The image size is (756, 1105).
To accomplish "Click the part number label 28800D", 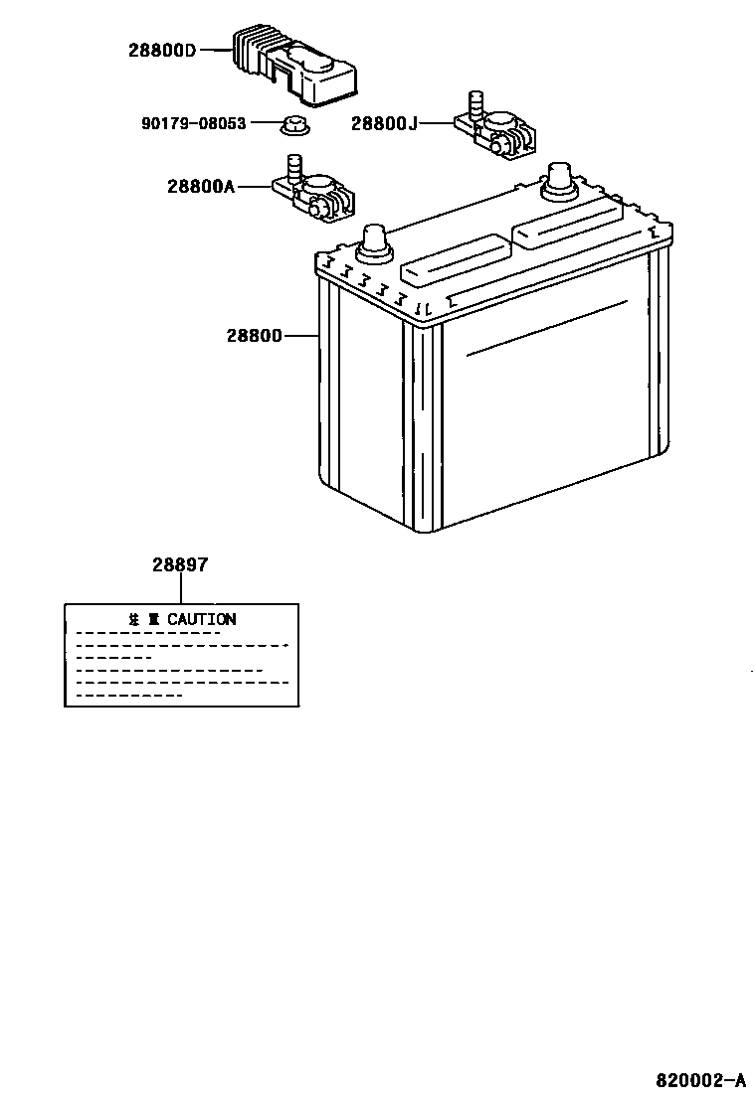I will (x=162, y=50).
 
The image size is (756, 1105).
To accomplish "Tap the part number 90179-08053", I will (x=193, y=124).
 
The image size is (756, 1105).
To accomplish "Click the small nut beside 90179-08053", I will (x=292, y=126).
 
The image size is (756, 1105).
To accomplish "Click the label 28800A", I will (x=200, y=186).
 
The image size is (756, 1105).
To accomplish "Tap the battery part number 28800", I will (x=255, y=336).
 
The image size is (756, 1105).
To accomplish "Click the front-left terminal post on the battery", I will (x=374, y=239).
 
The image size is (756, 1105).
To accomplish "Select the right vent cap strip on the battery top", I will (x=567, y=222).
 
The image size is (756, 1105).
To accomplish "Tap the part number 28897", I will (x=180, y=564).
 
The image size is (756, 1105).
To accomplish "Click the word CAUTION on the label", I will (x=202, y=619).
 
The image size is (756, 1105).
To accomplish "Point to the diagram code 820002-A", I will (x=699, y=1079).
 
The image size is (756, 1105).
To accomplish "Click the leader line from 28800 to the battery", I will (x=301, y=336).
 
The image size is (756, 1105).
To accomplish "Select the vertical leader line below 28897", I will (x=180, y=588).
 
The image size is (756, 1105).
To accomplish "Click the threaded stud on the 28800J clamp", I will (x=474, y=103).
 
